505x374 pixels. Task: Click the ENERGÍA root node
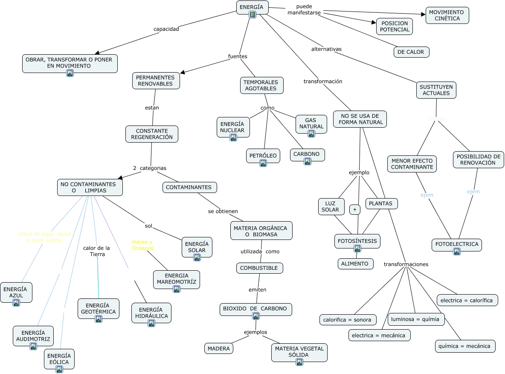(252, 7)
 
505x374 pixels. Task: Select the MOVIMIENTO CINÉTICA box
(447, 15)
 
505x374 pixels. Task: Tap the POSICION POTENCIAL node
(395, 26)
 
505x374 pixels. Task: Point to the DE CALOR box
(411, 52)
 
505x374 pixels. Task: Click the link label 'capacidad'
(166, 29)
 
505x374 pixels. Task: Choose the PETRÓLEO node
(263, 155)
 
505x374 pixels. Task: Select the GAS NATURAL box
(311, 123)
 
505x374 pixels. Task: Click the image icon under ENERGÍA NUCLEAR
(233, 137)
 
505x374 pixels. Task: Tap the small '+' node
(354, 210)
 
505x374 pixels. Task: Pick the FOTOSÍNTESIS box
(357, 241)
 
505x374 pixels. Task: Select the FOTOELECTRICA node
(457, 245)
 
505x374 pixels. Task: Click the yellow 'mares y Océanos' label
(142, 245)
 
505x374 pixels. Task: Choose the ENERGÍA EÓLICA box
(59, 359)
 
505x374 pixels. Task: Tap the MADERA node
(219, 348)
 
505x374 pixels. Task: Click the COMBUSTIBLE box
(259, 268)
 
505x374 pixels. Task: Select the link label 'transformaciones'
(406, 264)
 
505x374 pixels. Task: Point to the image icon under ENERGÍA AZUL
(16, 303)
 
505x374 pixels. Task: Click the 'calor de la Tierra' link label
(97, 251)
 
